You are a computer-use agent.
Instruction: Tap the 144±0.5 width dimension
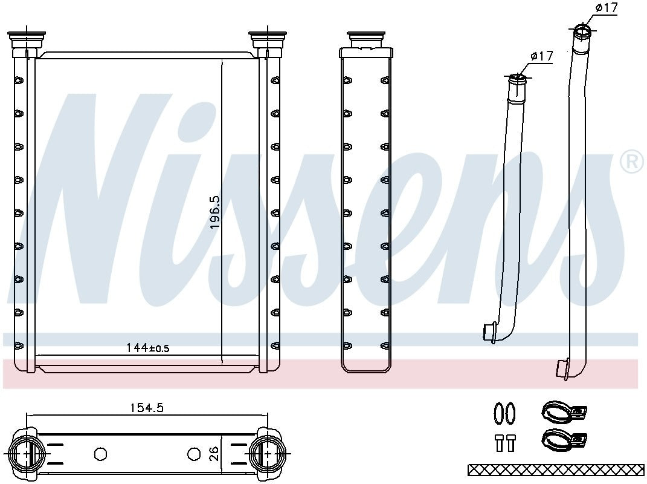pyautogui.click(x=148, y=348)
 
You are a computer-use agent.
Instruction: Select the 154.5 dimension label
pyautogui.click(x=147, y=408)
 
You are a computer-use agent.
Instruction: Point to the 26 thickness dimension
pyautogui.click(x=213, y=454)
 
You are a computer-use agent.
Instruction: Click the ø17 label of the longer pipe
pyautogui.click(x=607, y=7)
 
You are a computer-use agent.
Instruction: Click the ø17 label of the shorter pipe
pyautogui.click(x=542, y=56)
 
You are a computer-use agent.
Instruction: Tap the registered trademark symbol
pyautogui.click(x=632, y=162)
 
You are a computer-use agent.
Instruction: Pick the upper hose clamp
pyautogui.click(x=563, y=411)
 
